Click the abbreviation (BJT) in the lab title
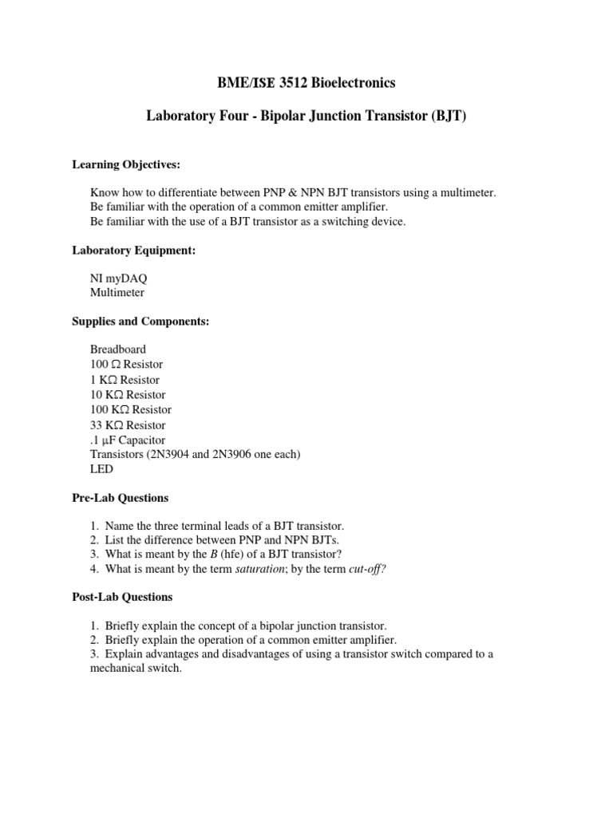(448, 116)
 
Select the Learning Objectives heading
(126, 164)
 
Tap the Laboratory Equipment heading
(134, 251)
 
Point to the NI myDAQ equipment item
(118, 278)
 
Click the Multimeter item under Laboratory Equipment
(117, 293)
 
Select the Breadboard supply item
(118, 349)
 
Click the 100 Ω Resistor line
(126, 365)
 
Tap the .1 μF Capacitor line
(128, 440)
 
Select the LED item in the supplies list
(102, 469)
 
